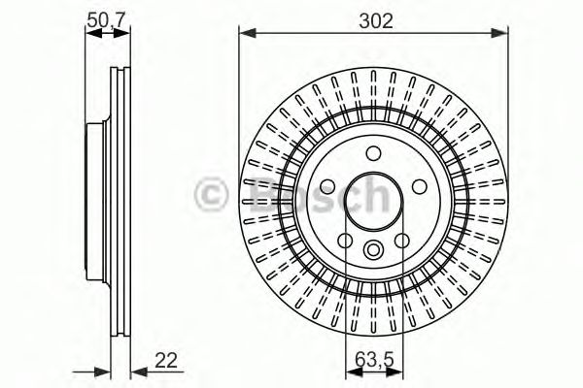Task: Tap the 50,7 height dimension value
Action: (107, 17)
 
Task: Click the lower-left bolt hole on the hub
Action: (345, 241)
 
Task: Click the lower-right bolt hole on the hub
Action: (402, 241)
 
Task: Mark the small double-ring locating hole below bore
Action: (374, 251)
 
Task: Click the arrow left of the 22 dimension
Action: (100, 370)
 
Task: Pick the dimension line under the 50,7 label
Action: (107, 34)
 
